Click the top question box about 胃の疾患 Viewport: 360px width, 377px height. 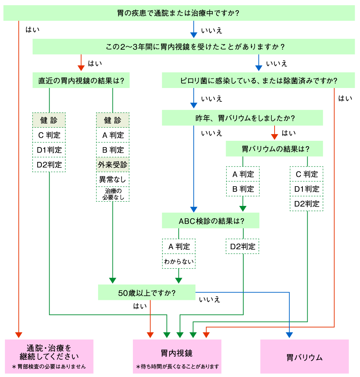[x=179, y=13]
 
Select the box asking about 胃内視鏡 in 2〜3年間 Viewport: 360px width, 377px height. [x=194, y=46]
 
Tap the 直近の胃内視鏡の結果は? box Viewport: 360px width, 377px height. [x=81, y=80]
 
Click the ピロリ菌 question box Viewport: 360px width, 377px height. [x=258, y=80]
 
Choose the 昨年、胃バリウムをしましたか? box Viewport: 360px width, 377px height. [x=242, y=118]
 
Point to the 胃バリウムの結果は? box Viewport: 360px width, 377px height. [x=274, y=149]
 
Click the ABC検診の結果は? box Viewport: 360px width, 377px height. [x=211, y=220]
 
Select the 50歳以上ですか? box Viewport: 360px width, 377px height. [x=147, y=293]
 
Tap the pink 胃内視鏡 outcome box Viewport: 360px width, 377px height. [x=177, y=356]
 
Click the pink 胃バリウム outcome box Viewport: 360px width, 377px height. [x=304, y=356]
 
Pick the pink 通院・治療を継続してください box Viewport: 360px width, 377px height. [x=49, y=356]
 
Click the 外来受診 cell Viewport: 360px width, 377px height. [x=112, y=165]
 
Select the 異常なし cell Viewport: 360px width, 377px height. [x=112, y=180]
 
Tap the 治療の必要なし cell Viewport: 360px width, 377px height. [x=112, y=194]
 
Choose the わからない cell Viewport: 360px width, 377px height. [x=179, y=261]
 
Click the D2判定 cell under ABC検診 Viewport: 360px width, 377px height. [x=243, y=246]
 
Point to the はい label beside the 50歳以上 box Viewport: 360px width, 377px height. [x=140, y=306]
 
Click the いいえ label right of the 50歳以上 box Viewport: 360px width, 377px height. [x=210, y=300]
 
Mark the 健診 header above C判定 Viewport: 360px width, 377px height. [x=49, y=120]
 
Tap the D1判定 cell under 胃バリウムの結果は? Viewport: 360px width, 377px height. [x=307, y=189]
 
